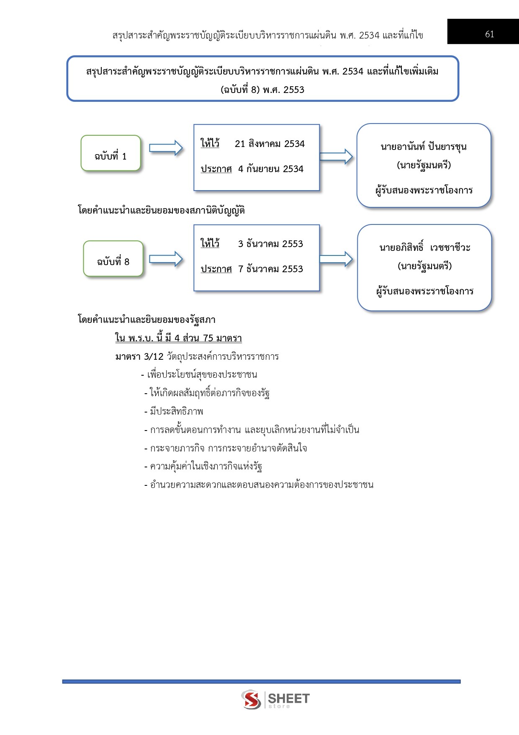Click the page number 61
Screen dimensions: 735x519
point(489,34)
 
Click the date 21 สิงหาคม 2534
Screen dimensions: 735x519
point(270,144)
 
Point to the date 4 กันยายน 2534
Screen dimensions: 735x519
point(270,169)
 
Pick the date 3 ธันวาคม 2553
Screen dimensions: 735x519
point(270,244)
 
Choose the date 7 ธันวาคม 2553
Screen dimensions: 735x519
point(270,269)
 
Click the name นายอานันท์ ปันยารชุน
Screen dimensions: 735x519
point(424,147)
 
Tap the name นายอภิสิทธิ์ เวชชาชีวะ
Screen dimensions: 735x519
point(424,248)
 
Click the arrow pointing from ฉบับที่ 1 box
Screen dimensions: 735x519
point(166,148)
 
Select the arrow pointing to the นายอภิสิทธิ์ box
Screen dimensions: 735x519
point(336,259)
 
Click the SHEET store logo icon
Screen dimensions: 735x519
point(251,699)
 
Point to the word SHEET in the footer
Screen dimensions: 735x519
point(288,698)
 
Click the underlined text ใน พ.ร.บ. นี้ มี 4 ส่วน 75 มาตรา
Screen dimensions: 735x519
point(178,338)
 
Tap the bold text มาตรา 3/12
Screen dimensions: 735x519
point(139,357)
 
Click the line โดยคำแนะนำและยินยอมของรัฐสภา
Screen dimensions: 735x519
point(146,320)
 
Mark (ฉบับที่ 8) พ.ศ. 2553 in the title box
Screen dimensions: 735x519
point(262,90)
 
